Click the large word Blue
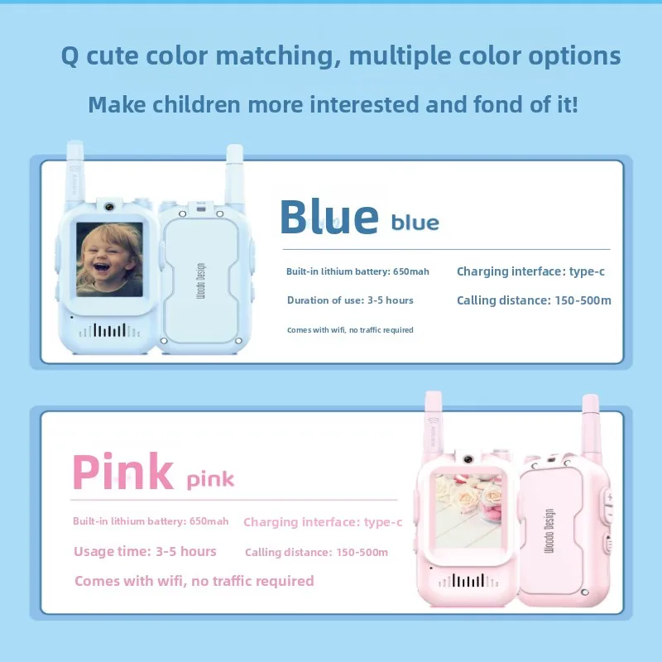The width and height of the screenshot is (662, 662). click(329, 217)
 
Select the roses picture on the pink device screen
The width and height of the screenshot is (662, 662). click(468, 505)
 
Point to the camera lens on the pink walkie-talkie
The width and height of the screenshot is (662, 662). click(468, 458)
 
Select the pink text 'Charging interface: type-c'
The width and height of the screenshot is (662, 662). click(323, 522)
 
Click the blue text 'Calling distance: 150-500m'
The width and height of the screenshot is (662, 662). click(534, 300)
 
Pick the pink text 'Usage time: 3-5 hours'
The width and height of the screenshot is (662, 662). click(145, 552)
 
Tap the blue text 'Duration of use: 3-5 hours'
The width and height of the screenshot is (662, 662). click(350, 300)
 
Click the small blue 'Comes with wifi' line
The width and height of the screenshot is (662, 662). click(350, 329)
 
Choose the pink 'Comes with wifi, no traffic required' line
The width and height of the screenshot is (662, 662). click(194, 581)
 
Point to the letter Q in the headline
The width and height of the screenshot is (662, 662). click(70, 56)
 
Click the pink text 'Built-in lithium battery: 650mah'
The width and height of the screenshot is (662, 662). click(151, 521)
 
